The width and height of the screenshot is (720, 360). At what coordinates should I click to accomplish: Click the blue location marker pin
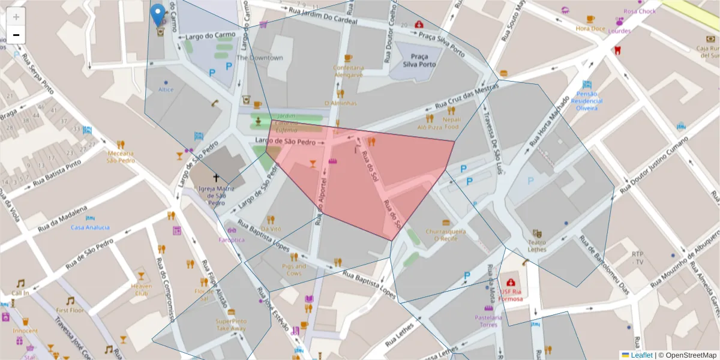tap(158, 15)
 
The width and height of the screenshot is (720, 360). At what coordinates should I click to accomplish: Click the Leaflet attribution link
tap(641, 355)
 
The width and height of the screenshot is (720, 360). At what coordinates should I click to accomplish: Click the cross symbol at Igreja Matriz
tap(216, 178)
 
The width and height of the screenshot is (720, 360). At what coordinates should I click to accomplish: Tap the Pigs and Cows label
tap(293, 269)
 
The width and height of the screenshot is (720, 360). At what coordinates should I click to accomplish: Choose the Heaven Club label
tap(141, 290)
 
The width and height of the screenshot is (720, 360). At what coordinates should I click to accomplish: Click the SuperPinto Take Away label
tap(231, 325)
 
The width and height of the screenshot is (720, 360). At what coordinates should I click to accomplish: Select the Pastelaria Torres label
tap(488, 320)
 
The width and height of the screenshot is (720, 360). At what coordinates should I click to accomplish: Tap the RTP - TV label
tap(637, 258)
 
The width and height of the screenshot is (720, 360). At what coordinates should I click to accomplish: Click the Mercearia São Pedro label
tap(121, 157)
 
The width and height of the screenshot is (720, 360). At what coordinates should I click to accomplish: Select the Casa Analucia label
tap(90, 227)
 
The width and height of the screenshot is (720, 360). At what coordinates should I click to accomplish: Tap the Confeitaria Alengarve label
tap(348, 71)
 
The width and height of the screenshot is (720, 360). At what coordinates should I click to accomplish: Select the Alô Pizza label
tap(430, 127)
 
